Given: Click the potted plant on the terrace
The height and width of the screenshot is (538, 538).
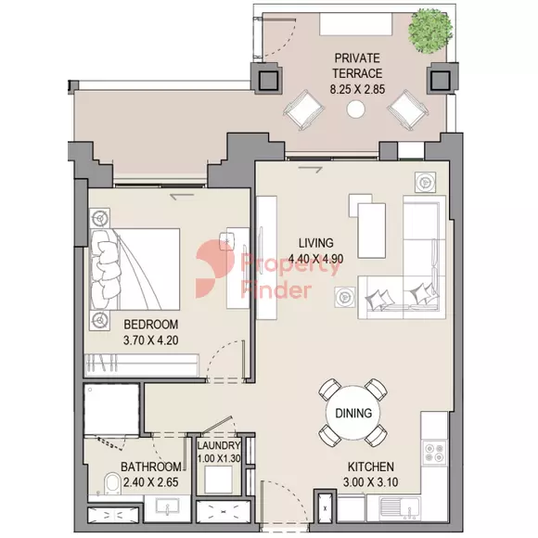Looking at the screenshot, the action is [430, 31].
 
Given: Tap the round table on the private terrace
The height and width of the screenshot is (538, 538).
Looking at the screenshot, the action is [356, 109].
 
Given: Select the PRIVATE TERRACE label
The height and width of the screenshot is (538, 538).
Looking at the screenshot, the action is [357, 66].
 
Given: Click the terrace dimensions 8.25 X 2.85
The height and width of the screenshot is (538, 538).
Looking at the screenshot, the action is [357, 89].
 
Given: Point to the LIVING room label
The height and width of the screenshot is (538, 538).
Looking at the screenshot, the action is [315, 243].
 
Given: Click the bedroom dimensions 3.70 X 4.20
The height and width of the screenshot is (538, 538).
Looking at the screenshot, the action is [150, 340].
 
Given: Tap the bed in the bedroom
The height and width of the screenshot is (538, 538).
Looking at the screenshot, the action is [134, 269].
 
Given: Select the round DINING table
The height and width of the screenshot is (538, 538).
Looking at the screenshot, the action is [353, 413].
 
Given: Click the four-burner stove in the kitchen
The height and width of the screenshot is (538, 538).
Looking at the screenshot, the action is [434, 453].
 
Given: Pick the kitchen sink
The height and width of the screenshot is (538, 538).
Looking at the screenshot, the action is [400, 509].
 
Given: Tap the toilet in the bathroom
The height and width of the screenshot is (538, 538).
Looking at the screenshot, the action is [113, 484].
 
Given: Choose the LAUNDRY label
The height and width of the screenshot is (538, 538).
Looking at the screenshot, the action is [219, 445].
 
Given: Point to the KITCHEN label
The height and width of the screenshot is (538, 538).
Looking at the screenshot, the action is [371, 467].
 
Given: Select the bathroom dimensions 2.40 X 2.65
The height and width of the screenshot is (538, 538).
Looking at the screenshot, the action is [150, 482].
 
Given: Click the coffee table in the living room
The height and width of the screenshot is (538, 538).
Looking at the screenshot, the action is [371, 231].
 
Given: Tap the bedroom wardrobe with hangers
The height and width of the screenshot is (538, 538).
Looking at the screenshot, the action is [142, 365].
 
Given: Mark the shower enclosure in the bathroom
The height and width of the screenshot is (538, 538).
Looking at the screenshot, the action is [111, 409].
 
